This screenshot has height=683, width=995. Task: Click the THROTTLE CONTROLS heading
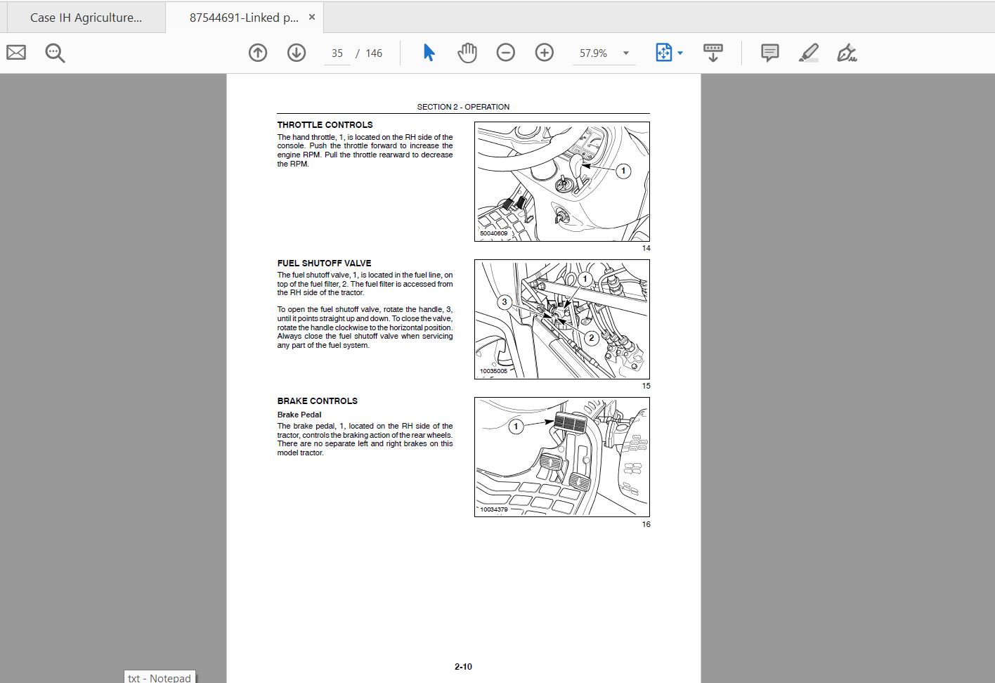325,125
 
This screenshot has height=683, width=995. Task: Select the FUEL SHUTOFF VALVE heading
324,263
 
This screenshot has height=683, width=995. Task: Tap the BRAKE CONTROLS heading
317,401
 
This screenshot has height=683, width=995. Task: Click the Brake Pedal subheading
299,415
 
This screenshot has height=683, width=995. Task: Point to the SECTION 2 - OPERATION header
463,107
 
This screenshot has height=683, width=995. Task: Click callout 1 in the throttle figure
623,171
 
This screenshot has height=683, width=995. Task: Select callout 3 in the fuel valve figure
504,302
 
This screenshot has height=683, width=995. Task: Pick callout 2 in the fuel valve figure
591,338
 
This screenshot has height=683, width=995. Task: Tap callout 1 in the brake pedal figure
516,427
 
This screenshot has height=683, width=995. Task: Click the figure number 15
646,386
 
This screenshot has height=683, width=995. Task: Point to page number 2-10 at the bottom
463,667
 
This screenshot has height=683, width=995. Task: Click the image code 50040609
493,233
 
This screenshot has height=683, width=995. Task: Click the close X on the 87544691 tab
312,17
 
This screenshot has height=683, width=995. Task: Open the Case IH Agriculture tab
86,18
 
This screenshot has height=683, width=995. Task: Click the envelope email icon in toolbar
16,53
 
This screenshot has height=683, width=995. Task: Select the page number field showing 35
337,53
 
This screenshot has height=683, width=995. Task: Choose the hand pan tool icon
467,53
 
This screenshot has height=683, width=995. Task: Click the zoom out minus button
505,53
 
